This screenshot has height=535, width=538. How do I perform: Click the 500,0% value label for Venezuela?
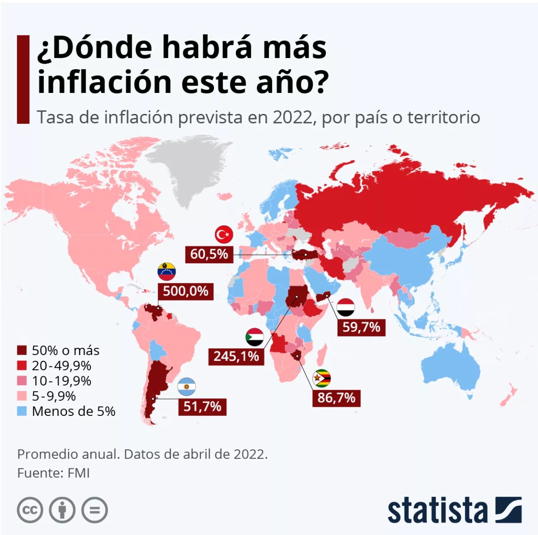pyautogui.click(x=186, y=291)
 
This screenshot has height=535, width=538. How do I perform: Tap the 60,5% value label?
pyautogui.click(x=209, y=254)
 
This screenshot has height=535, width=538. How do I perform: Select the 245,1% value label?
pyautogui.click(x=236, y=356)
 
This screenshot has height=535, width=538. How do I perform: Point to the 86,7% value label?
pyautogui.click(x=336, y=398)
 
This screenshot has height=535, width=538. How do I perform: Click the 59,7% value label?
pyautogui.click(x=361, y=327)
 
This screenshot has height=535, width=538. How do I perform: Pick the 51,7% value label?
pyautogui.click(x=202, y=406)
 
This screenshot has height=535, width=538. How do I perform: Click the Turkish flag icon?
pyautogui.click(x=224, y=235)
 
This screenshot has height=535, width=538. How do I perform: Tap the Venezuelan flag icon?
pyautogui.click(x=167, y=271)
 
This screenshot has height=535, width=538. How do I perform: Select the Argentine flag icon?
pyautogui.click(x=187, y=387)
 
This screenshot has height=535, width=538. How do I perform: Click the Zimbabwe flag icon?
pyautogui.click(x=322, y=378)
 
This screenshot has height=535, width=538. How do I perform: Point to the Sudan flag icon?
pyautogui.click(x=254, y=337)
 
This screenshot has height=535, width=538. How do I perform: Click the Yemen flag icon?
pyautogui.click(x=346, y=307)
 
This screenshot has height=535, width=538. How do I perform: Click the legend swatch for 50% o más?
pyautogui.click(x=22, y=351)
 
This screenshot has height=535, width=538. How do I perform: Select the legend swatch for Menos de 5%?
pyautogui.click(x=22, y=411)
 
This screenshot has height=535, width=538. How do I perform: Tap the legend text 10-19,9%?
pyautogui.click(x=62, y=381)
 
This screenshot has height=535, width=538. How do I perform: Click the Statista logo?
pyautogui.click(x=455, y=510)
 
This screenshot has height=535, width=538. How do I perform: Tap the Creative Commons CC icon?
pyautogui.click(x=30, y=510)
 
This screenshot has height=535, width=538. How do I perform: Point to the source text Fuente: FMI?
pyautogui.click(x=53, y=473)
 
